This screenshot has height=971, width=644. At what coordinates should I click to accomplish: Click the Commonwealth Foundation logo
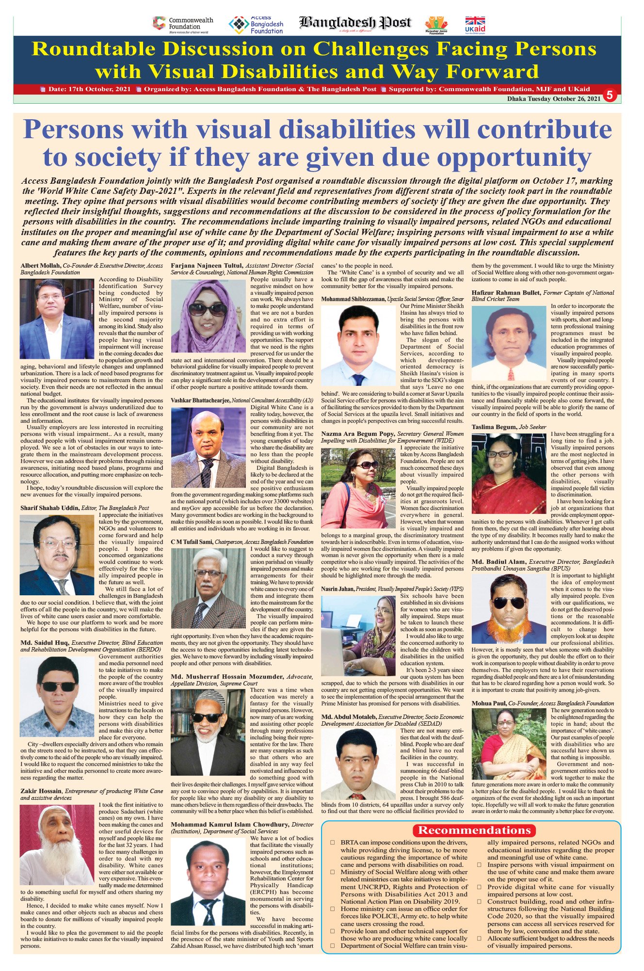[183, 25]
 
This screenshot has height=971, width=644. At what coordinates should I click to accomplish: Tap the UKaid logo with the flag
[475, 25]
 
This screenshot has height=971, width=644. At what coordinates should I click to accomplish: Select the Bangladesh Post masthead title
[355, 23]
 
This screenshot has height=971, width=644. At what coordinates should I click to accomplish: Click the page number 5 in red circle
[610, 96]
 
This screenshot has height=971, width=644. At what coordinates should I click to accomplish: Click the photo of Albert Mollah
[57, 318]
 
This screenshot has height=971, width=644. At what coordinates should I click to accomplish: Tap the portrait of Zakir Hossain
[57, 844]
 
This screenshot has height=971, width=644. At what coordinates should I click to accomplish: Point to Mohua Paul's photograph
[508, 743]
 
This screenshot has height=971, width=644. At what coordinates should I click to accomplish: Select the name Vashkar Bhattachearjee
[200, 400]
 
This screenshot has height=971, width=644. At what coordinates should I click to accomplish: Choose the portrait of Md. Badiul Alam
[508, 608]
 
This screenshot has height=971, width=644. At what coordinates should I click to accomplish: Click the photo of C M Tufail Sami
[208, 588]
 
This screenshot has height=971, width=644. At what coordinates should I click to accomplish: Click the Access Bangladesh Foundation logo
[256, 25]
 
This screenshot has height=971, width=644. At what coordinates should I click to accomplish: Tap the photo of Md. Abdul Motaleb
[358, 764]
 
